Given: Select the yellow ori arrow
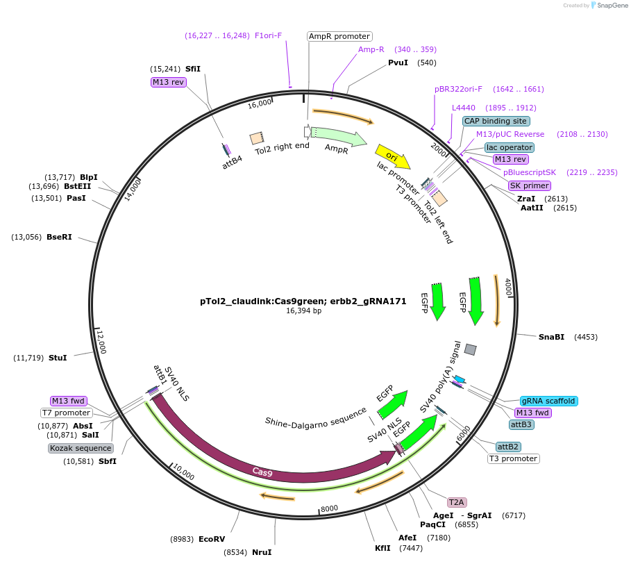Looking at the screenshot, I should pyautogui.click(x=392, y=156).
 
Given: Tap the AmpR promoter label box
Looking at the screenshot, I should pyautogui.click(x=339, y=36).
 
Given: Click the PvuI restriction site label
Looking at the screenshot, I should pyautogui.click(x=398, y=63).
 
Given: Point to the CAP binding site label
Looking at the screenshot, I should pyautogui.click(x=496, y=121).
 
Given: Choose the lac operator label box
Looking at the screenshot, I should pyautogui.click(x=510, y=147).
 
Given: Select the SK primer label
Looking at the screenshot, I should pyautogui.click(x=529, y=185).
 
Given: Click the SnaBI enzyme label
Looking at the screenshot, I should pyautogui.click(x=551, y=337).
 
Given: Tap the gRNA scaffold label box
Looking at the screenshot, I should pyautogui.click(x=548, y=401).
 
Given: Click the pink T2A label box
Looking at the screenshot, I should pyautogui.click(x=456, y=502).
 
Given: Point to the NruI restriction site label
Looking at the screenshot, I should pyautogui.click(x=262, y=552).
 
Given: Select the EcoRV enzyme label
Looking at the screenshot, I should pyautogui.click(x=212, y=539).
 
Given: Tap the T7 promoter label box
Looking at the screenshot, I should pyautogui.click(x=67, y=413).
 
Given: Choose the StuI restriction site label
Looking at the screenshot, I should pyautogui.click(x=58, y=358).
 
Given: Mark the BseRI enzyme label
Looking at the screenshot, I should pyautogui.click(x=59, y=237).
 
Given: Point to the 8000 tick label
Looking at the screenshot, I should pyautogui.click(x=329, y=508).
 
